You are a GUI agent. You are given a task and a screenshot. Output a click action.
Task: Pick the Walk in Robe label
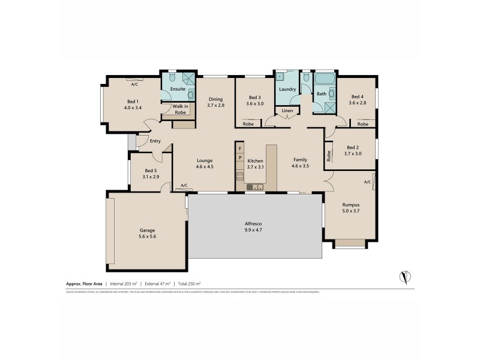(x=181, y=109)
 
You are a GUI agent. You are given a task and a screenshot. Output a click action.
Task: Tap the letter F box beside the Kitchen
(x=239, y=148)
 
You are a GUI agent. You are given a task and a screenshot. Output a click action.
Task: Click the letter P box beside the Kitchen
(x=239, y=158)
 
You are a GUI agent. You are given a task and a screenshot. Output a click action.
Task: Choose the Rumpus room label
(x=350, y=205)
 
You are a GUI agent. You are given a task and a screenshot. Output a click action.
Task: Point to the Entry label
(x=155, y=142)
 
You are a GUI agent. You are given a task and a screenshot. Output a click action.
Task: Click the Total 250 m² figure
(x=189, y=283)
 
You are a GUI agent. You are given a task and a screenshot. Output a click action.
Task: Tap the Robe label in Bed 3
(x=248, y=124)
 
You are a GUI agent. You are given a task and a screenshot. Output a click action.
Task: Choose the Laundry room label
(x=288, y=89)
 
